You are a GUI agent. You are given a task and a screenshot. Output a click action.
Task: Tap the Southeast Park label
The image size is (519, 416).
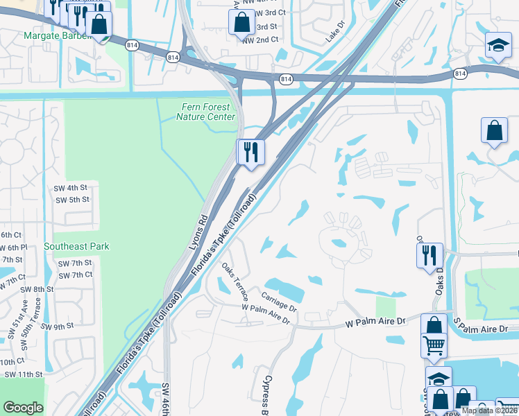click(x=76, y=246)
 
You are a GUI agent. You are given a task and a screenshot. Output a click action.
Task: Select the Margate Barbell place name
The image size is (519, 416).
click(x=57, y=35)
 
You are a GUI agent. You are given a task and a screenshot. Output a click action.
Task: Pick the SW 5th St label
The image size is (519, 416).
click(x=73, y=200)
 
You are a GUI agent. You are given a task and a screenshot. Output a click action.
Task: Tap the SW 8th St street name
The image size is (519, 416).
click(x=37, y=289)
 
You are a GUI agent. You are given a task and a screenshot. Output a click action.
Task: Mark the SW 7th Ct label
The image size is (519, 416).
click(x=75, y=275)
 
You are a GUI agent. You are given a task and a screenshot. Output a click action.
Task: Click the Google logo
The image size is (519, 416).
click(x=23, y=408)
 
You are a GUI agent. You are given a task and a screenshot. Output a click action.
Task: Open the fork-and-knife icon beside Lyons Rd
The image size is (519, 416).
click(x=250, y=151)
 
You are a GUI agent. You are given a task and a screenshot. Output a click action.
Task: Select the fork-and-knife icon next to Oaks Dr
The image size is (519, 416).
click(x=429, y=254)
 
